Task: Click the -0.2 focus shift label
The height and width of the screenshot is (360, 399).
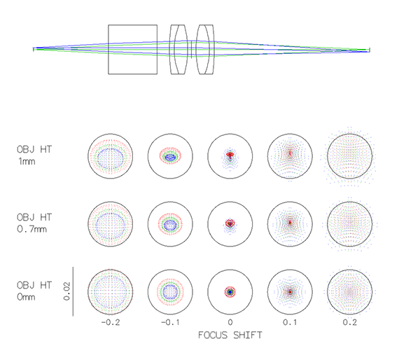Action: [111, 322]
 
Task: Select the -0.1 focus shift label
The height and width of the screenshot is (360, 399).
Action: [170, 322]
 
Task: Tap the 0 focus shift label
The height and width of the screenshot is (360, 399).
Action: [230, 322]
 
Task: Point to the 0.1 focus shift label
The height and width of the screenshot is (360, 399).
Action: [290, 322]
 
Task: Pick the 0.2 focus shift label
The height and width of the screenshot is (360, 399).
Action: [349, 322]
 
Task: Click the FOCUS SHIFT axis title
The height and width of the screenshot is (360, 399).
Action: [230, 335]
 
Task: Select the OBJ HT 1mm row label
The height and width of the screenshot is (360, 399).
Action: [34, 155]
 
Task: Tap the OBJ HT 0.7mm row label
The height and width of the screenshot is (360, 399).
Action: [34, 223]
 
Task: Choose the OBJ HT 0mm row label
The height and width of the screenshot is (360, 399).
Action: [34, 291]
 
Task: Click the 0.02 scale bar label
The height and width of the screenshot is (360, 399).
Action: [66, 291]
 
